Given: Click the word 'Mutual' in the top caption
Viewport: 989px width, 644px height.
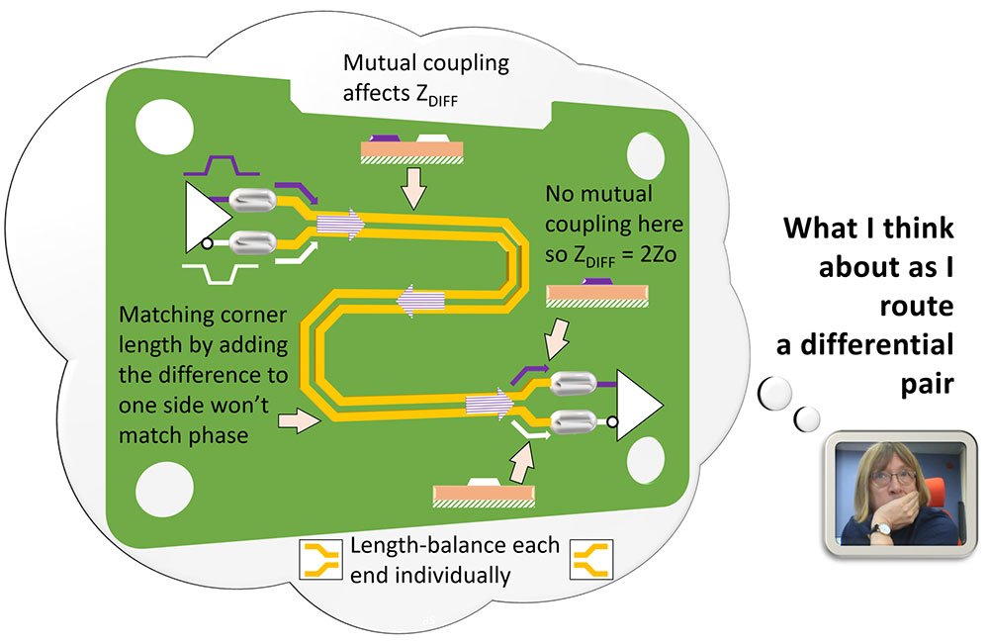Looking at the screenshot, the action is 378,64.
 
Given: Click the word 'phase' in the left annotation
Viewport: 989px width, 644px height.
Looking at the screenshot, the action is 217,432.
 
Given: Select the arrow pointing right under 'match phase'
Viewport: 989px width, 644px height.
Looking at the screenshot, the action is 300,422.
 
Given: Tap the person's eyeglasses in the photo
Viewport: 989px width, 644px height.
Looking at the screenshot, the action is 893,477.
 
